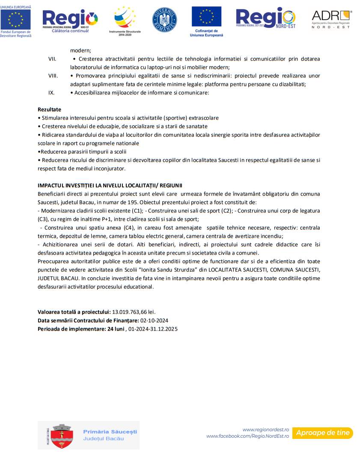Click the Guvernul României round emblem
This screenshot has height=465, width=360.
[164, 20]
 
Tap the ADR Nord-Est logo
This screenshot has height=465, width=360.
[331, 19]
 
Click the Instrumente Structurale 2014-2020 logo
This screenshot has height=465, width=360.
[125, 18]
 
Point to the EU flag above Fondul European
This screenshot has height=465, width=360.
[16, 20]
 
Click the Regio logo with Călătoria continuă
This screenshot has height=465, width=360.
[70, 20]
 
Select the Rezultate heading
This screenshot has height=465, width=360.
[49, 110]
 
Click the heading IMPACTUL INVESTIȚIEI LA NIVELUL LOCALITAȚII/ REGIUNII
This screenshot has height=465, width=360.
[110, 185]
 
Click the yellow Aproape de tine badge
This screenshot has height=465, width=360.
[323, 433]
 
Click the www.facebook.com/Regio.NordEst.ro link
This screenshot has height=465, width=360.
[248, 436]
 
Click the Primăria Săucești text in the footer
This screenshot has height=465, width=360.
[110, 432]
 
